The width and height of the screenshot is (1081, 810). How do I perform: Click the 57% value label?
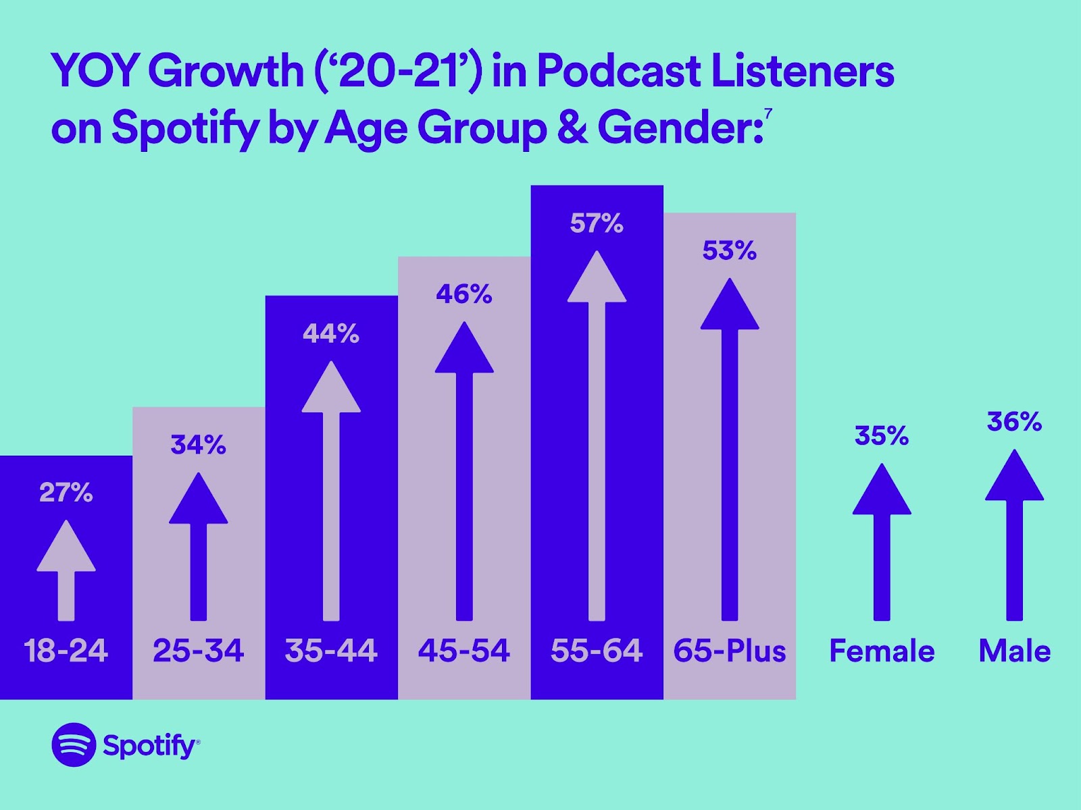[597, 223]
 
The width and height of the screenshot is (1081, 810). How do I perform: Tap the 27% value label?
[66, 493]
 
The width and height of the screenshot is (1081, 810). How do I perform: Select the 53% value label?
[730, 251]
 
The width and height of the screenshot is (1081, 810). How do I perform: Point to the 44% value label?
[331, 333]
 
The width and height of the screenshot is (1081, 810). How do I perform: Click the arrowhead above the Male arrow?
[1014, 478]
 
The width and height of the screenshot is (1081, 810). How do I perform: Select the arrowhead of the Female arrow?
[882, 492]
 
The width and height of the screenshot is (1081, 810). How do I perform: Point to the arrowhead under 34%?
[198, 501]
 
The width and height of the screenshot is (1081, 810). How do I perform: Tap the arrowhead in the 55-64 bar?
[597, 279]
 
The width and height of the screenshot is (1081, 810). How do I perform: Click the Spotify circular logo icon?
[74, 745]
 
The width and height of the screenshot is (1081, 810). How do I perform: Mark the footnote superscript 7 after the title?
[769, 113]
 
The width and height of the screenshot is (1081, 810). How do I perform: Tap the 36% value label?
[1014, 422]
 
